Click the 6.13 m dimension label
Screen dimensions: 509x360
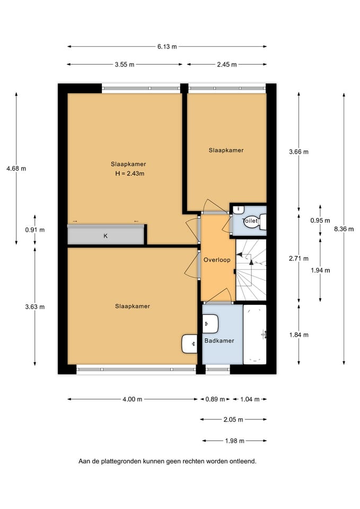(x=166, y=47)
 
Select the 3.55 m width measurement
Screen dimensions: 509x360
(x=124, y=65)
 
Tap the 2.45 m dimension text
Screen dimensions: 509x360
(x=226, y=65)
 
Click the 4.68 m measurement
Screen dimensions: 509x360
(x=16, y=169)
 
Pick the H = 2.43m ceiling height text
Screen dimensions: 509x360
(x=130, y=173)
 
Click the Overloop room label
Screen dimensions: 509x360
(x=217, y=260)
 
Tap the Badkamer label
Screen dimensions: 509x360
(x=219, y=341)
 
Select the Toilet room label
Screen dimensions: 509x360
(x=250, y=221)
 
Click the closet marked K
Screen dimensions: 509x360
(x=106, y=236)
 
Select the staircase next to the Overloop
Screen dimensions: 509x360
(x=251, y=270)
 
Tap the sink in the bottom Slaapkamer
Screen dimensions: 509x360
(x=189, y=344)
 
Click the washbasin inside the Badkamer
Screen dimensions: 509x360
(x=210, y=322)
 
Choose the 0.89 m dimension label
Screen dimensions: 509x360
(x=215, y=399)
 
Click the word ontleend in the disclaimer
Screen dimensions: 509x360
(x=243, y=461)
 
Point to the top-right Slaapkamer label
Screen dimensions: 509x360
(x=226, y=150)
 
